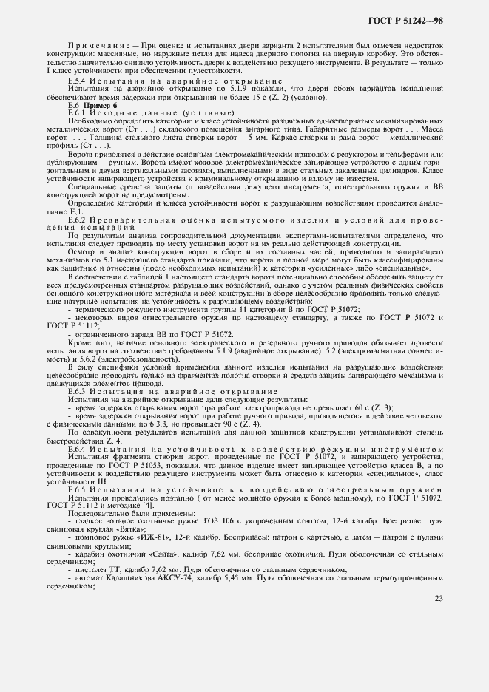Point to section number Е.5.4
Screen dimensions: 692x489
tap(77, 80)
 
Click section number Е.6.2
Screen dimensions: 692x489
tap(78, 220)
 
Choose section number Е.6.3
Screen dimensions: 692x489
tap(78, 390)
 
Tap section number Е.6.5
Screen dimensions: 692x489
tap(78, 489)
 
